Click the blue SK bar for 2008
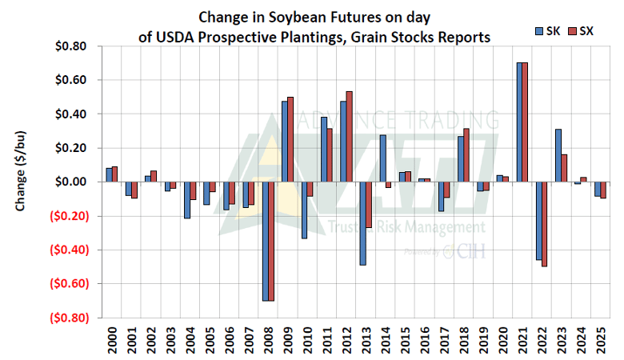[x=266, y=241]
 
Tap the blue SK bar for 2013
[x=363, y=223]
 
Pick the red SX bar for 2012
[x=349, y=137]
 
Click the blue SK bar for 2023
[x=558, y=155]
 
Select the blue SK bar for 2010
[x=305, y=210]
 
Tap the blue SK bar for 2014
[x=383, y=158]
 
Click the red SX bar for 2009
[x=290, y=139]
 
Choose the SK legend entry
[x=547, y=31]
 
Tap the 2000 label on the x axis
[x=112, y=338]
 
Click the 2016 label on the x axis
[x=423, y=338]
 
